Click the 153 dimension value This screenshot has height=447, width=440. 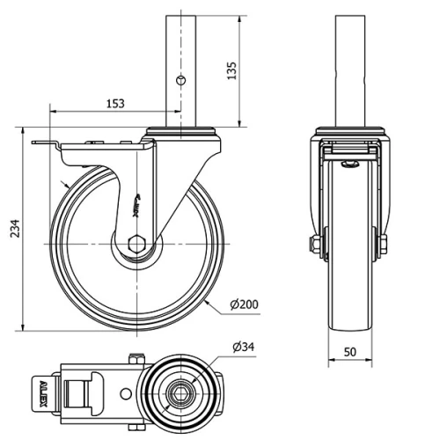pyautogui.click(x=114, y=103)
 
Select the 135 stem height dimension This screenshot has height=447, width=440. pyautogui.click(x=232, y=70)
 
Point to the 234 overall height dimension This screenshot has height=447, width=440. pyautogui.click(x=11, y=230)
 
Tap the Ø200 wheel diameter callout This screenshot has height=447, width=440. pyautogui.click(x=243, y=304)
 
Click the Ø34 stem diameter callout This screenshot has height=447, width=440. pyautogui.click(x=244, y=348)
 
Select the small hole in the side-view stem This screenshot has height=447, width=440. pyautogui.click(x=181, y=80)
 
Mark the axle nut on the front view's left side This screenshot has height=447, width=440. pyautogui.click(x=312, y=244)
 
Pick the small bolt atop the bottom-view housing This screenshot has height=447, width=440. pyautogui.click(x=136, y=357)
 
